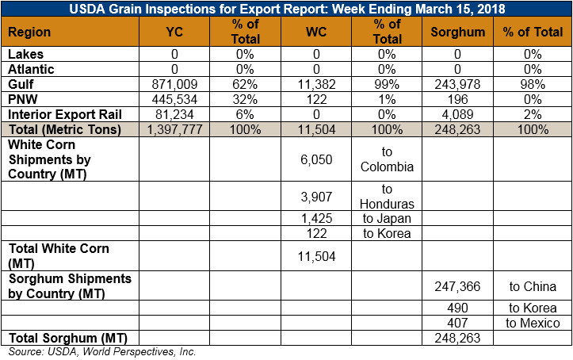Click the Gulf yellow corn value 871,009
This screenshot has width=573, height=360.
click(x=174, y=84)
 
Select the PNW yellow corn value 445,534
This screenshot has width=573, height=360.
click(x=174, y=99)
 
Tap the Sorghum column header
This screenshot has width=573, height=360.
click(x=457, y=33)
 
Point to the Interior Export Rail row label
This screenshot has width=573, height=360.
click(x=65, y=114)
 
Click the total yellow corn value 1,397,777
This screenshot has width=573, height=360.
click(x=174, y=130)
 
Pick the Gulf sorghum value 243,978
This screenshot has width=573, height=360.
click(x=457, y=84)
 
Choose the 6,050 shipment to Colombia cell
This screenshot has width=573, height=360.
click(x=316, y=159)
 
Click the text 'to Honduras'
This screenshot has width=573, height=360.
click(x=387, y=197)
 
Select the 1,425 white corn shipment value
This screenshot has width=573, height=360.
click(x=316, y=219)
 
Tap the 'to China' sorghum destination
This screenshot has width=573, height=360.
click(x=533, y=286)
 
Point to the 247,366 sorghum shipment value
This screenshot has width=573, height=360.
click(x=457, y=286)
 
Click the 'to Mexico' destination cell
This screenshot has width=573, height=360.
click(x=533, y=323)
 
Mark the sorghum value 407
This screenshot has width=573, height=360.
click(x=457, y=323)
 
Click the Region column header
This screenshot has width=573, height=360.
click(x=29, y=33)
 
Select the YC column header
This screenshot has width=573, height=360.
click(x=174, y=33)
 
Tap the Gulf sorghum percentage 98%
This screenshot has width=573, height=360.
click(x=533, y=84)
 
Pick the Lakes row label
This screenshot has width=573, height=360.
click(x=25, y=55)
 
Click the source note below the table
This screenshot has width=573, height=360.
click(x=102, y=351)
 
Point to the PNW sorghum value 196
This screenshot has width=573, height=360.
click(x=457, y=99)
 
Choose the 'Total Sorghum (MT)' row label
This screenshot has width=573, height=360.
click(x=68, y=338)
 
